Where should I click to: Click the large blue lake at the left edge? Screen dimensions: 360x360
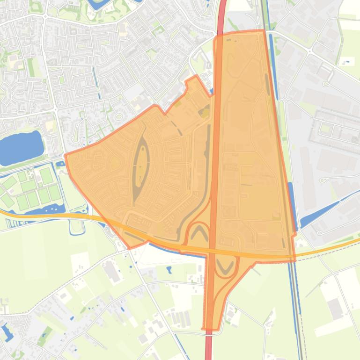[x=21, y=147]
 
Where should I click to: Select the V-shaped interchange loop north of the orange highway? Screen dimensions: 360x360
[x=199, y=231]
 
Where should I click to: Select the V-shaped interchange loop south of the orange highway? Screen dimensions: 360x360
[x=224, y=267]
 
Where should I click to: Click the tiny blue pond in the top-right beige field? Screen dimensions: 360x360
[x=346, y=60]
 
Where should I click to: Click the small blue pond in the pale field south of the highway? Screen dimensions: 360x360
[x=169, y=269]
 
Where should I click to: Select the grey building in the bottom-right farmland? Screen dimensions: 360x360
[x=335, y=309]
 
